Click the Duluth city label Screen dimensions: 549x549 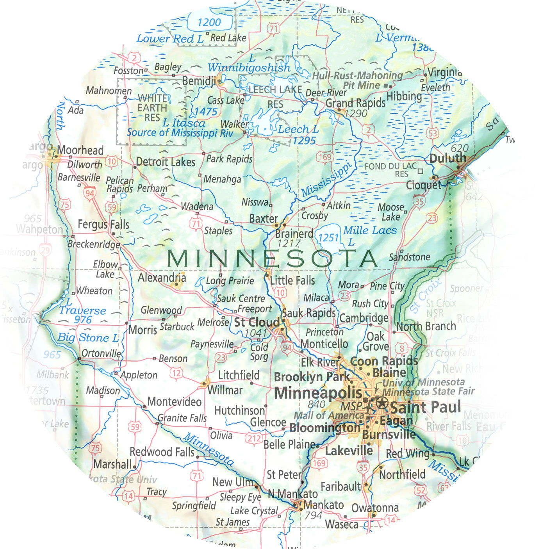tap(447, 159)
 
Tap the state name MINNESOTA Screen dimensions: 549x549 tap(272, 258)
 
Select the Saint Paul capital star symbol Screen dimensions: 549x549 tap(381, 403)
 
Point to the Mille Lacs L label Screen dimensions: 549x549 tap(369, 235)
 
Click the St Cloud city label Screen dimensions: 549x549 tap(257, 323)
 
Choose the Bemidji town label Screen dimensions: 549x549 tap(199, 81)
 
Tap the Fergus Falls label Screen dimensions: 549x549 tap(103, 225)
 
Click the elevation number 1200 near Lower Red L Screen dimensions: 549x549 tap(209, 22)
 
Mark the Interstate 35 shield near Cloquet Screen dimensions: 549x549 tap(419, 202)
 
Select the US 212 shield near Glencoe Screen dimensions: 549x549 tap(254, 438)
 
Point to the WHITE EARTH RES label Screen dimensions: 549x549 tap(152, 107)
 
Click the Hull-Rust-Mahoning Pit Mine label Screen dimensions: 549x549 tap(357, 80)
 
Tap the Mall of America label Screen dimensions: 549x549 tap(328, 415)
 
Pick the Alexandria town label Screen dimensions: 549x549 tap(162, 278)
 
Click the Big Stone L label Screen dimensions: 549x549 tap(88, 338)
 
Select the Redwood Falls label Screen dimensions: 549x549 tap(162, 452)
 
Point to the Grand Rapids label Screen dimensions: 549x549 tap(355, 103)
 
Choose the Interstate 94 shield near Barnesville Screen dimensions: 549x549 tap(90, 193)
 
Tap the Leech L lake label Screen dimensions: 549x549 tap(298, 129)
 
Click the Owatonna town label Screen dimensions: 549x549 tap(375, 508)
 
